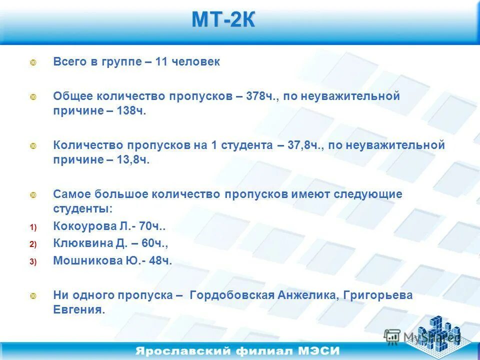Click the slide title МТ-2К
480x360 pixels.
[x=223, y=20]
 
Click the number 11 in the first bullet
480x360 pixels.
[x=161, y=62]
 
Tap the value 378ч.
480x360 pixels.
[x=261, y=96]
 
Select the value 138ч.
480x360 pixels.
[x=131, y=110]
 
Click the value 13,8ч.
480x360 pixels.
[x=133, y=160]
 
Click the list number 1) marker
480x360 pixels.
[x=33, y=227]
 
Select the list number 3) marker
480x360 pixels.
[x=33, y=261]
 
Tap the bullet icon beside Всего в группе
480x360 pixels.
[x=33, y=63]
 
